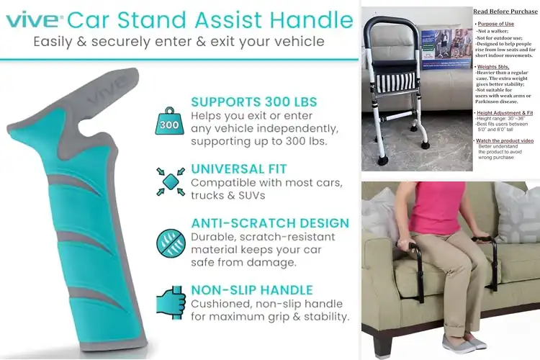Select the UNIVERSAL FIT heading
tap(239, 168)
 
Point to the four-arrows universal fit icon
tap(171, 182)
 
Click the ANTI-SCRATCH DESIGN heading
tap(270, 223)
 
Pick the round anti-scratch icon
tap(171, 243)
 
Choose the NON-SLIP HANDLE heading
tap(251, 290)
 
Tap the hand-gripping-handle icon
tap(171, 303)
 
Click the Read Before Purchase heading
tap(505, 12)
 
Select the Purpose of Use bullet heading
tap(497, 24)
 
